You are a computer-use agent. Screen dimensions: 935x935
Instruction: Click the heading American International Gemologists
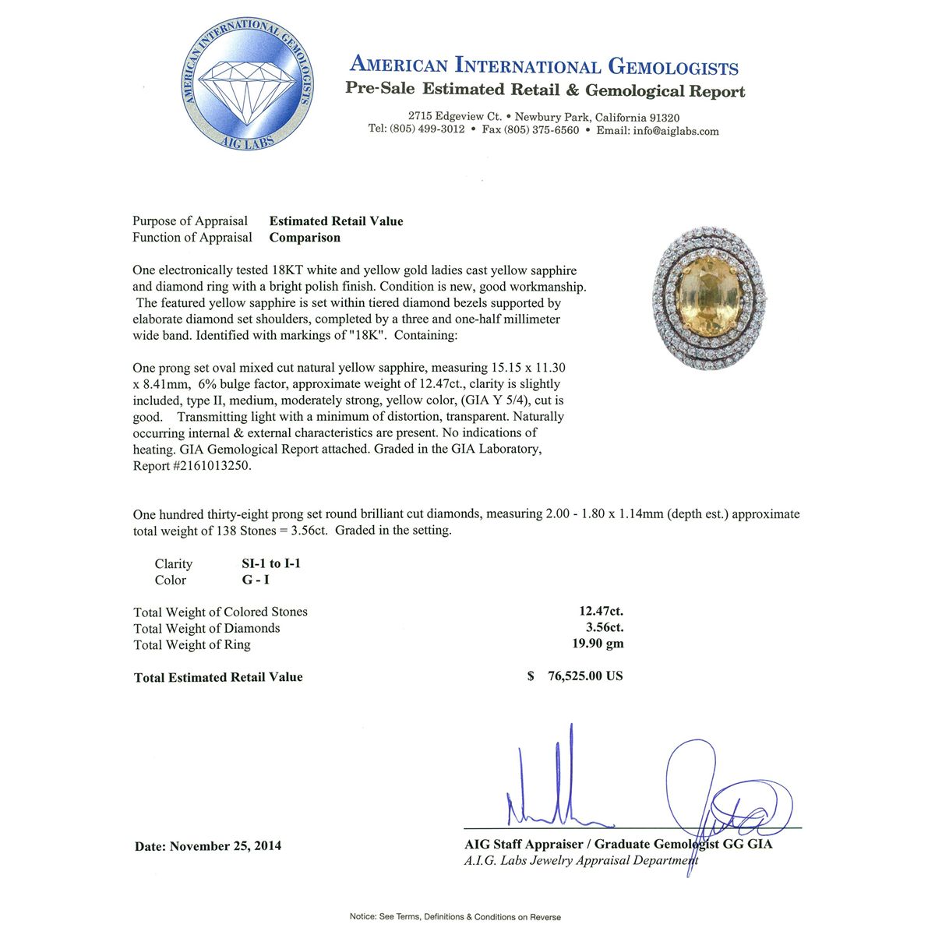[544, 66]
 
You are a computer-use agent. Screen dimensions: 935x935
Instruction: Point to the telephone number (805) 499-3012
[428, 129]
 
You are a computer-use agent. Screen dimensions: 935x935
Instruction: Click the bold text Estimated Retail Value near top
[337, 221]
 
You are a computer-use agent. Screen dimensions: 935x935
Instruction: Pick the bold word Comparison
[305, 238]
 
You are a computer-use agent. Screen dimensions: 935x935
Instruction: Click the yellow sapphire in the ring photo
[710, 300]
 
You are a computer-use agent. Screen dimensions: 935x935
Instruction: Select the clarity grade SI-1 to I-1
[271, 563]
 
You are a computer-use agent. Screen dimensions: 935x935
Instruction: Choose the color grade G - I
[256, 580]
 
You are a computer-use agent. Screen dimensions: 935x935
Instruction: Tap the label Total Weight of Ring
[192, 644]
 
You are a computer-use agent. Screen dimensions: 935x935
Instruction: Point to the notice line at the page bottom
[455, 917]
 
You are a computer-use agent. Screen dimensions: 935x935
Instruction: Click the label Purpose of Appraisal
[190, 221]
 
